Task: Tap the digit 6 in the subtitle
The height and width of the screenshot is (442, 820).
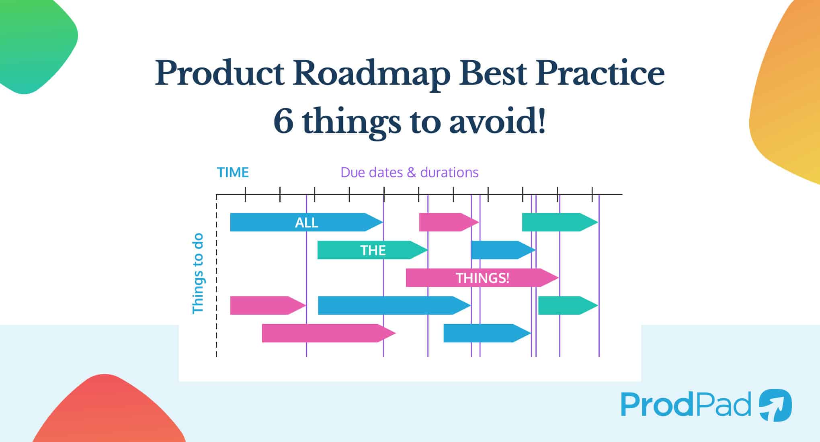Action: [x=283, y=122]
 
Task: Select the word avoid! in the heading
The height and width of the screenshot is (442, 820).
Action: [x=497, y=122]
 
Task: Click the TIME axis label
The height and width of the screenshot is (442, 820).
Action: [x=233, y=172]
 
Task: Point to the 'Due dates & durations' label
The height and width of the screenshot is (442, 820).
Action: [x=410, y=172]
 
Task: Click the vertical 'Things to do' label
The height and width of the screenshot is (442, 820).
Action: [x=197, y=274]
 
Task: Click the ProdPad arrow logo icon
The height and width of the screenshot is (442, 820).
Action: [x=775, y=405]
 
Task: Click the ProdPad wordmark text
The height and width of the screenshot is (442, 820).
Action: [x=686, y=404]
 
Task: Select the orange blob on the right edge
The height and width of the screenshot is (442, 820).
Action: [x=788, y=92]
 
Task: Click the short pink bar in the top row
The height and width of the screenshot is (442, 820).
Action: [x=449, y=222]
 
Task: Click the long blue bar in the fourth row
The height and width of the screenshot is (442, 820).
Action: [x=394, y=305]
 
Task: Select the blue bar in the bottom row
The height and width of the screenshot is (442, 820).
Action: [x=487, y=333]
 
